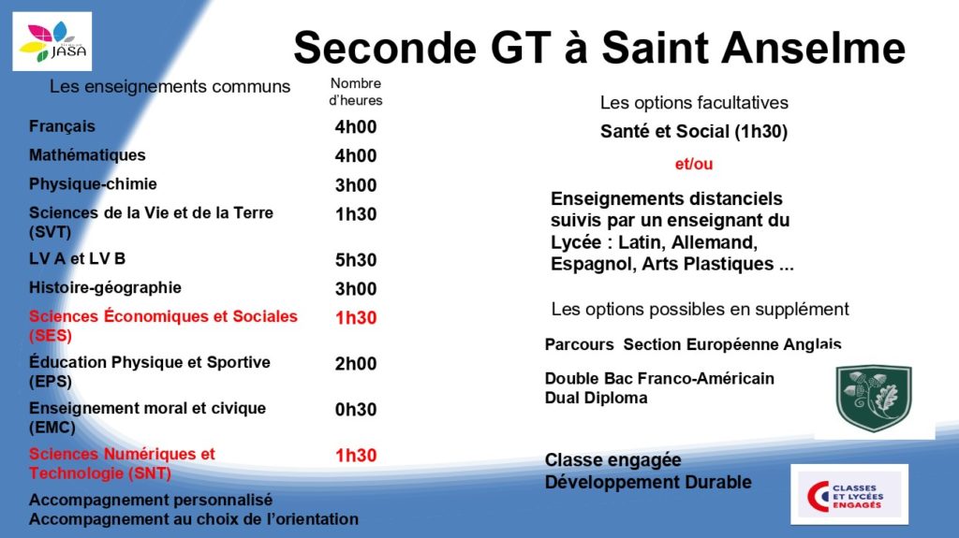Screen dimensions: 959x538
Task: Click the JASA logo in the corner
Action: coord(52,41)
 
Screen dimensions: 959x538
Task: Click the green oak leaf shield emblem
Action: coord(874,398)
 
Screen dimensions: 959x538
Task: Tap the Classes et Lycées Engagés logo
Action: coord(848,495)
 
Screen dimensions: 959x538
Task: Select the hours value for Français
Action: coord(355,126)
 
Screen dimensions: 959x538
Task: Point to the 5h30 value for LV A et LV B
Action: coord(355,260)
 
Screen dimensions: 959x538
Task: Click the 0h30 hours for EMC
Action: coord(355,410)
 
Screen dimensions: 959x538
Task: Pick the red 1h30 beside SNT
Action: coord(355,456)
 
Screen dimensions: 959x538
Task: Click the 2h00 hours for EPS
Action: coord(355,364)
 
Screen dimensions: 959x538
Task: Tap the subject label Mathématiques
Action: coord(87,155)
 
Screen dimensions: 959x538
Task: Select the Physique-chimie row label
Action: coord(93,184)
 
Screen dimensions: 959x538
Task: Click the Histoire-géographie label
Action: coord(105,288)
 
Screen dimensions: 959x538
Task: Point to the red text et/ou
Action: coord(694,164)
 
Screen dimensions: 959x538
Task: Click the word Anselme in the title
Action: coord(814,48)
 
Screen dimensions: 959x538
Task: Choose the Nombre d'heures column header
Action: coord(355,92)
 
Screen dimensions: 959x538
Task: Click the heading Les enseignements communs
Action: coord(170,87)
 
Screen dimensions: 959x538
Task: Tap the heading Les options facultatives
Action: coord(694,103)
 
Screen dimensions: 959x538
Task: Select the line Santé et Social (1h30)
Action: coord(694,131)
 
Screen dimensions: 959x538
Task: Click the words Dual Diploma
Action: coord(596,398)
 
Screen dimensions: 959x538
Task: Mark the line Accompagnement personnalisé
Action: coord(151,500)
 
